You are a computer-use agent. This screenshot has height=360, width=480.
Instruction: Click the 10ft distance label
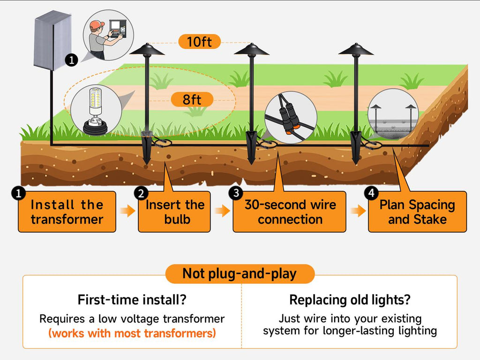tap(199, 42)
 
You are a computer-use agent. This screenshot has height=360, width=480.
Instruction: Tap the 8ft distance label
tap(192, 99)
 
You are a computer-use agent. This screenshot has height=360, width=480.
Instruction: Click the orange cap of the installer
tap(97, 24)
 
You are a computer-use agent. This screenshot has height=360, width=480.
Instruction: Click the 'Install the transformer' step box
tap(67, 212)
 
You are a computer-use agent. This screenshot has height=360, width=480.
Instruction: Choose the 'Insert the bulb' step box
tap(174, 212)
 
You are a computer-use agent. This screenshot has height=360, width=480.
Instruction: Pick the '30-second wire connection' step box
tap(290, 212)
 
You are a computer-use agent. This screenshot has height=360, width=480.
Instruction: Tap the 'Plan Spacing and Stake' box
tap(417, 212)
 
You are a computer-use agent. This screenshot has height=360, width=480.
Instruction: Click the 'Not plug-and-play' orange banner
tap(240, 274)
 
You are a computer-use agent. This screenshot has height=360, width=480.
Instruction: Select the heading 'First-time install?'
tap(132, 300)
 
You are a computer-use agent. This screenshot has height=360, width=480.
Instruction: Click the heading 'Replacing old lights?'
tap(350, 300)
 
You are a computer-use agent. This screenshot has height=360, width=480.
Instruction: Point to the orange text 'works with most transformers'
tap(132, 333)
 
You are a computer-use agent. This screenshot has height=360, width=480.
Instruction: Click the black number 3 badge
tap(236, 192)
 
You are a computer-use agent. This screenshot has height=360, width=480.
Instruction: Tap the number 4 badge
tap(371, 192)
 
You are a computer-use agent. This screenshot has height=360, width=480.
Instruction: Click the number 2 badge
tap(141, 193)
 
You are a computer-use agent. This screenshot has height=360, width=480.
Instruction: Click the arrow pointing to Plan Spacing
tap(358, 211)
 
